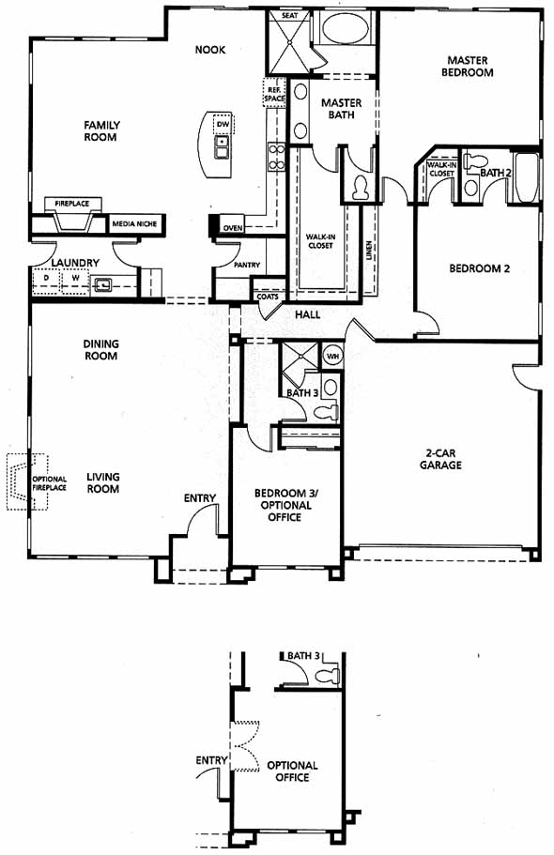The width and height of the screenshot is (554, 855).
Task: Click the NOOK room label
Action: point(210,50)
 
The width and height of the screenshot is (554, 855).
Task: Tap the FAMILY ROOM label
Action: point(101,130)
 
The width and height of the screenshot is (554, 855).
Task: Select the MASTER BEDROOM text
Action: point(468,66)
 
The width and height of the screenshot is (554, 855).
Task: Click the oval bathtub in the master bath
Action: point(345,28)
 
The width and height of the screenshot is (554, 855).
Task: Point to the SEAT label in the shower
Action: point(290,15)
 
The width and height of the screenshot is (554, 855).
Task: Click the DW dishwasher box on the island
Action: point(223,124)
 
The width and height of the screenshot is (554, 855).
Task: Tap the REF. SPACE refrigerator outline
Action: point(274,94)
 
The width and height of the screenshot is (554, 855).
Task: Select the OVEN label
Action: point(233,228)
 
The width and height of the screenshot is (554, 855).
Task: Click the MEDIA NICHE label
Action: point(134,223)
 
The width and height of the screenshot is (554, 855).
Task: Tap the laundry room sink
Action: point(102,284)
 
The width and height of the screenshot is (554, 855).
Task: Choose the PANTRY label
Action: point(247,265)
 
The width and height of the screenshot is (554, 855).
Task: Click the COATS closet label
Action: point(268,297)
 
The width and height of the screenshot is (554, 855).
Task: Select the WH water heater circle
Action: point(332,356)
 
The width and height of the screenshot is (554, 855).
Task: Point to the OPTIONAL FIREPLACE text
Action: point(49,483)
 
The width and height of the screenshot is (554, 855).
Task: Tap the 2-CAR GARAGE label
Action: point(441,459)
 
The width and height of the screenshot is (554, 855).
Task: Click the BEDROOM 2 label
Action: point(479,268)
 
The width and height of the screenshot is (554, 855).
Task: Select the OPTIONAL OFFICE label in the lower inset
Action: point(292,771)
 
